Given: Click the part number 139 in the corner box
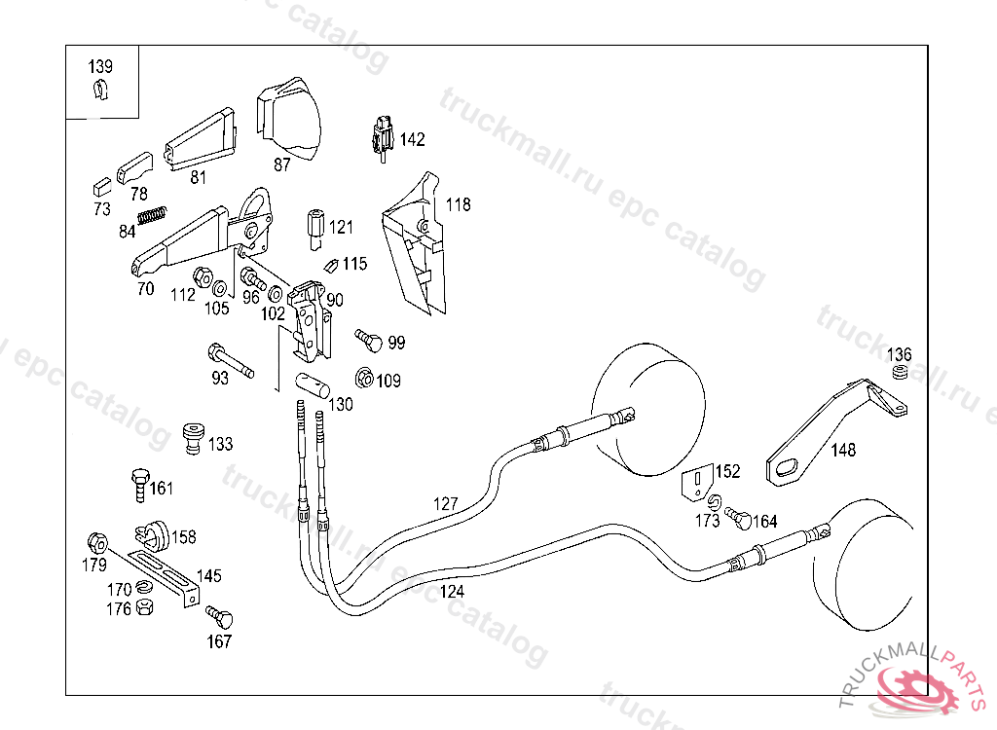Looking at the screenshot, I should (100, 67).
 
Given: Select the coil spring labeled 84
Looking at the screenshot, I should (152, 215).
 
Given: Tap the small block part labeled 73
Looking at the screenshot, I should (101, 182).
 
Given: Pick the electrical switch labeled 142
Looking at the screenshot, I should (383, 136).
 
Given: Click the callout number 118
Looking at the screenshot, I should (458, 204).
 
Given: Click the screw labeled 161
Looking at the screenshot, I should (139, 484).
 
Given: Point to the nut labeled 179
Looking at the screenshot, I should (95, 541).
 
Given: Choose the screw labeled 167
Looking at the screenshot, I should (219, 617).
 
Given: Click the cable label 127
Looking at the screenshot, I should (445, 503).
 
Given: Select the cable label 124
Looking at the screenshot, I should (452, 590).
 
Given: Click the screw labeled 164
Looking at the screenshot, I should (739, 519).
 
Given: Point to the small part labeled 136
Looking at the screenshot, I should (901, 373).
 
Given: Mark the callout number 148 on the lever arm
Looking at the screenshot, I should (843, 450).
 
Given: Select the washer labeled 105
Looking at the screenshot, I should (221, 289).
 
